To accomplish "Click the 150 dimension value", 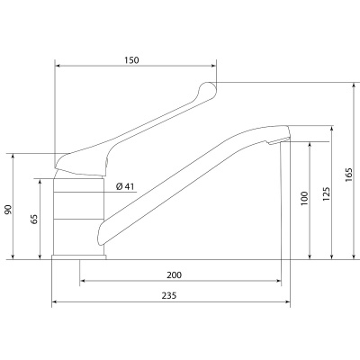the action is pos(131,60).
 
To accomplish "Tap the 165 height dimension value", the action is pos(348,175).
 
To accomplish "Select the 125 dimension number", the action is pos(327,194).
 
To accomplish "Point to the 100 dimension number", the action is pos(304,198).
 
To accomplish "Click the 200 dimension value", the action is pos(175,274).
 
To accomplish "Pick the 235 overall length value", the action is pos(169,295).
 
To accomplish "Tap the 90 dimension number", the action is pos(8,210).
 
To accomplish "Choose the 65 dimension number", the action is pos(34,219).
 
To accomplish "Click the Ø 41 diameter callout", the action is pos(125,186).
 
